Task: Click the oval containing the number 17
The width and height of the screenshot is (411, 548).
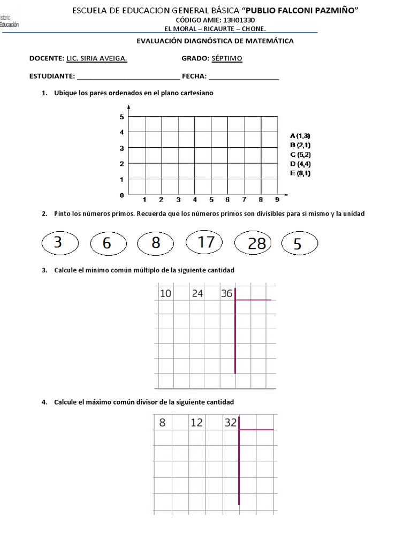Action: [x=206, y=243]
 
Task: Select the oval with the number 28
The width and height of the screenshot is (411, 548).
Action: [x=256, y=244]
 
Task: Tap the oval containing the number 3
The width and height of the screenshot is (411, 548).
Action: [x=58, y=243]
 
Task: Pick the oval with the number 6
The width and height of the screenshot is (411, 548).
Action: [x=108, y=244]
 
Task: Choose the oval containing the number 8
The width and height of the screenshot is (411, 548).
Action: [x=156, y=243]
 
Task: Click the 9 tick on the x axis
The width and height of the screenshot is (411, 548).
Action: [x=277, y=200]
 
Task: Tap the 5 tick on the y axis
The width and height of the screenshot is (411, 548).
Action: [x=122, y=117]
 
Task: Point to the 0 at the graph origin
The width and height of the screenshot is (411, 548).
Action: [x=122, y=195]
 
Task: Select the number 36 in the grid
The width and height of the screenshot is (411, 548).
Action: [x=226, y=293]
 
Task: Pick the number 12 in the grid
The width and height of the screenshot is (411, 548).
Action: [x=196, y=423]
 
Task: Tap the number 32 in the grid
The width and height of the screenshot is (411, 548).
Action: [x=231, y=423]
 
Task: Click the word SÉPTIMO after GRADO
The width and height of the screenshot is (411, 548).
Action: [x=227, y=58]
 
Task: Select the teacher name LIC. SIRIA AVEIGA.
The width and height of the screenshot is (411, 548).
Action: [x=96, y=58]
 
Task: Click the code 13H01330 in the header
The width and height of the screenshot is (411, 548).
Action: [x=245, y=20]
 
